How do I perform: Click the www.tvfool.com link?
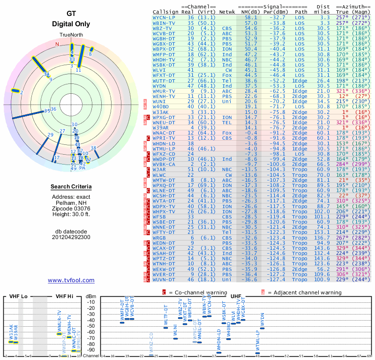coord(71,280)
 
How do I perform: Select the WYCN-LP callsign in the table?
coord(164,17)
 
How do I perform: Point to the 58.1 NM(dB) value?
coord(251,17)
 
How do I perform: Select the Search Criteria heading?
coord(71,187)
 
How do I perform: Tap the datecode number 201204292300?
coord(71,237)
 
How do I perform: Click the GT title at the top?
coord(71,14)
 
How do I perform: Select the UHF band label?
coord(236,296)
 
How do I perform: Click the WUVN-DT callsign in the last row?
coord(164,279)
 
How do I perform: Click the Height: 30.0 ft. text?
coord(71,214)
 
